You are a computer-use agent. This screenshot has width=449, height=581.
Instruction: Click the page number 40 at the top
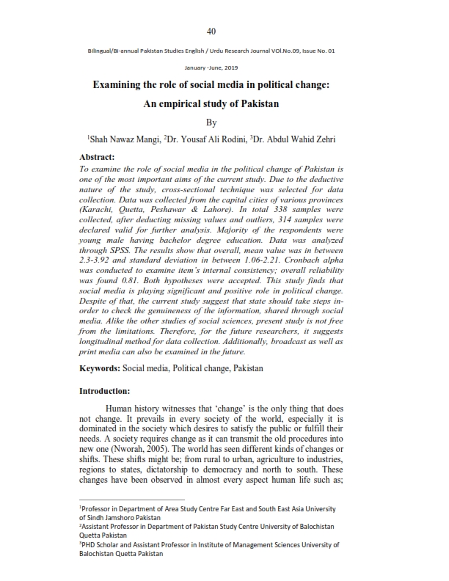pos(211,31)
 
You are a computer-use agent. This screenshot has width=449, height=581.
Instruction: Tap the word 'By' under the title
pos(211,121)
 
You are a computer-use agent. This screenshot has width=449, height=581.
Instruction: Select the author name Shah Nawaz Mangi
pos(120,139)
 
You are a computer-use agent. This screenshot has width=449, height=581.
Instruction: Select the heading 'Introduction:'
pos(105,390)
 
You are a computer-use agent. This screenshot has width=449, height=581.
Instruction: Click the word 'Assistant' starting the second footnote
pos(98,527)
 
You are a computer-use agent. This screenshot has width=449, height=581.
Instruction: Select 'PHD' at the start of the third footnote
pos(88,545)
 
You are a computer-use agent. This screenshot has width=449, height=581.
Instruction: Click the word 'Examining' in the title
pos(115,85)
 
